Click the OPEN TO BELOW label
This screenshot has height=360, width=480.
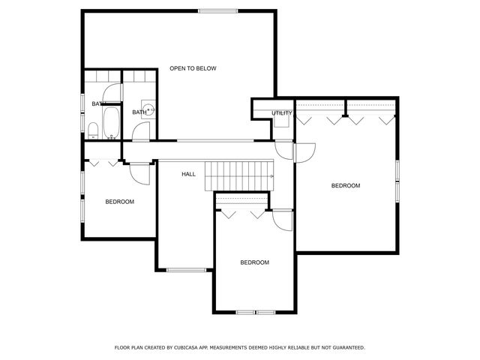pyautogui.click(x=193, y=68)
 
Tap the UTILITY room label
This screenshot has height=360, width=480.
pyautogui.click(x=282, y=113)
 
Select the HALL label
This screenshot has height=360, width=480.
pyautogui.click(x=188, y=174)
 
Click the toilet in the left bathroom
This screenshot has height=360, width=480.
pyautogui.click(x=93, y=130)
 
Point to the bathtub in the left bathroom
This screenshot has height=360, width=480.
pyautogui.click(x=111, y=122)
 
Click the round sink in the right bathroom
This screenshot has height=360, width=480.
pyautogui.click(x=150, y=109)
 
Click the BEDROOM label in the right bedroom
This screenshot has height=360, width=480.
pyautogui.click(x=346, y=185)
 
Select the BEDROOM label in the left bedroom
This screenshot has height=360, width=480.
pyautogui.click(x=119, y=202)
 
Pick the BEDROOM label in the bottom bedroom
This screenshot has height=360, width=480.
pyautogui.click(x=254, y=262)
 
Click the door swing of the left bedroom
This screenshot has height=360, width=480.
pyautogui.click(x=139, y=172)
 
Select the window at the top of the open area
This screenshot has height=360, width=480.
pyautogui.click(x=218, y=10)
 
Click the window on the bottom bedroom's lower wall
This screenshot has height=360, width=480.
pyautogui.click(x=255, y=312)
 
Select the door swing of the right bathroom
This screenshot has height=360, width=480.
pyautogui.click(x=141, y=132)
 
